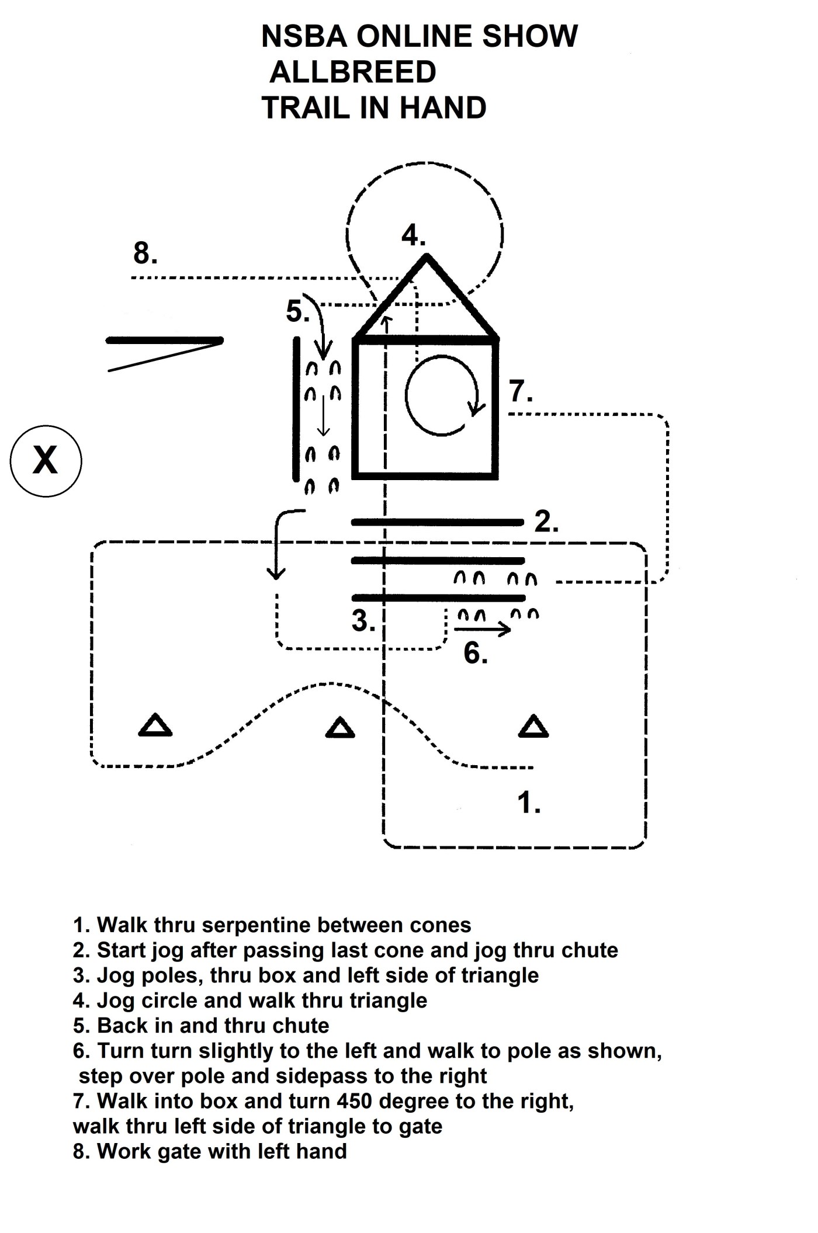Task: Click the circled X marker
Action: click(x=46, y=461)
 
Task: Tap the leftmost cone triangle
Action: click(x=155, y=725)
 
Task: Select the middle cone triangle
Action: click(x=339, y=728)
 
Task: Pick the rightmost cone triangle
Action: click(x=533, y=727)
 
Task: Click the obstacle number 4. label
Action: click(x=413, y=235)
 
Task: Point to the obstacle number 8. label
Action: click(x=145, y=253)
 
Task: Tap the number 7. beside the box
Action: click(x=521, y=391)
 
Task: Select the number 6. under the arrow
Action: click(x=475, y=652)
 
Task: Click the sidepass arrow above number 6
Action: click(x=482, y=629)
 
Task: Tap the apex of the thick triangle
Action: click(x=427, y=256)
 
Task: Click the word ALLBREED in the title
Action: click(x=353, y=72)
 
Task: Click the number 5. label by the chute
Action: click(x=297, y=311)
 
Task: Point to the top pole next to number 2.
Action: click(x=437, y=522)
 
